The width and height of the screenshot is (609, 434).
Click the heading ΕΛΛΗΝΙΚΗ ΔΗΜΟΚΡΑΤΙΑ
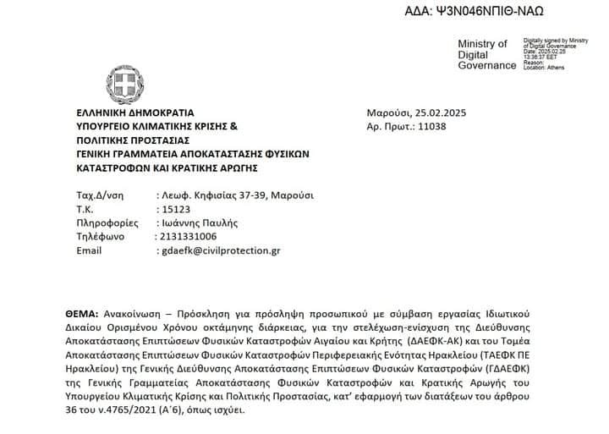coord(135,112)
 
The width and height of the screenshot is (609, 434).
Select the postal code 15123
coord(174,209)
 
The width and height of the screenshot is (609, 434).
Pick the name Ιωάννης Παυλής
coord(199,222)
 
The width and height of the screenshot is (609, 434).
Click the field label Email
coord(89,250)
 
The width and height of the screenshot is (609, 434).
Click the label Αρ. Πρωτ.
coord(387,127)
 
